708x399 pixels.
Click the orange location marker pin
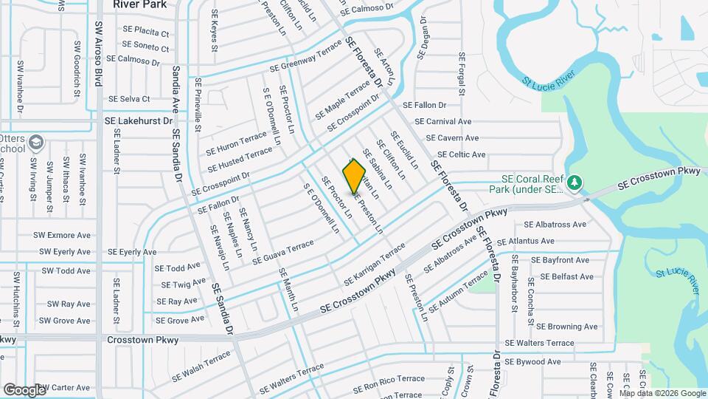tap(354, 176)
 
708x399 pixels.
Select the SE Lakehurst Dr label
tap(138, 120)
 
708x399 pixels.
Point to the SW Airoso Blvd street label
tap(98, 53)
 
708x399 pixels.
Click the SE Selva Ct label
tap(129, 98)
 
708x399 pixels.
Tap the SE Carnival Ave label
tap(442, 121)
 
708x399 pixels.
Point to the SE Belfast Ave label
tap(567, 276)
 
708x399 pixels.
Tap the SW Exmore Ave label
tap(62, 235)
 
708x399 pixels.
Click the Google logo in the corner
tap(25, 389)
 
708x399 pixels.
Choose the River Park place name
tap(139, 4)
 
